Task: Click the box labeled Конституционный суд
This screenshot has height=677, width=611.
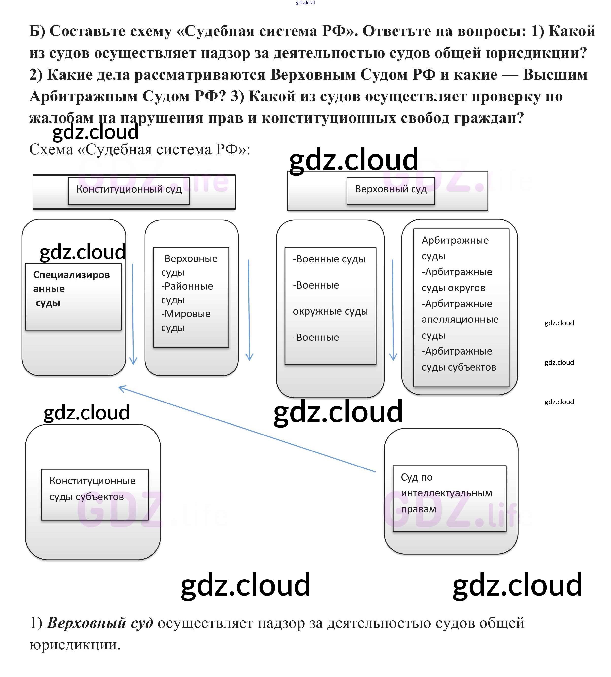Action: pyautogui.click(x=129, y=190)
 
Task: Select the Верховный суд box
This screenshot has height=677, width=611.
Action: pyautogui.click(x=391, y=190)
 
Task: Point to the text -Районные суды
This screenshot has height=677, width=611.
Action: pyautogui.click(x=187, y=293)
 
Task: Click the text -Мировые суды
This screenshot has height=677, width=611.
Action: pyautogui.click(x=186, y=321)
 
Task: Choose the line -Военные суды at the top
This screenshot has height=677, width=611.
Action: pyautogui.click(x=329, y=259)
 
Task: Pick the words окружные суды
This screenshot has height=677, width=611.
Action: pyautogui.click(x=330, y=311)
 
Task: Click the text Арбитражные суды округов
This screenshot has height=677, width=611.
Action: pyautogui.click(x=457, y=280)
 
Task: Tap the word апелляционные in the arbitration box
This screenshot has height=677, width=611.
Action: pyautogui.click(x=460, y=319)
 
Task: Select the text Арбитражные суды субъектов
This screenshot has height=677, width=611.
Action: pyautogui.click(x=459, y=359)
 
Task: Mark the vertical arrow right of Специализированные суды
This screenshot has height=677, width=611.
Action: pyautogui.click(x=133, y=314)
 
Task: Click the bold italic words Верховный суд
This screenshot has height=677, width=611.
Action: pyautogui.click(x=100, y=623)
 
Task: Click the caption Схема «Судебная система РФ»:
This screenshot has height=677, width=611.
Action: pyautogui.click(x=140, y=150)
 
